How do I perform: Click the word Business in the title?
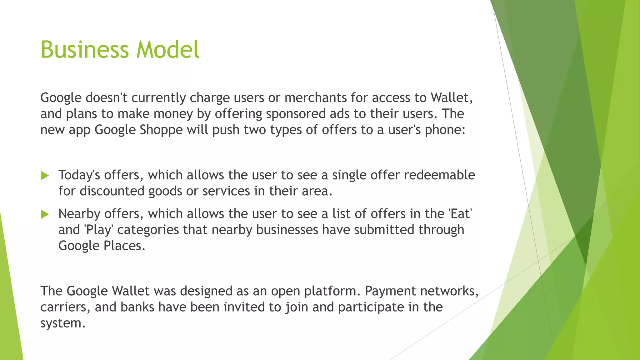84,50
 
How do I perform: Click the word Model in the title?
168,50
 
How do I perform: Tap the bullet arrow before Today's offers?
45,176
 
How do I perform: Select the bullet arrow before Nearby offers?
45,214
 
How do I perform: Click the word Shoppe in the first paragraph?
161,130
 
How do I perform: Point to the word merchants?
315,98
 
